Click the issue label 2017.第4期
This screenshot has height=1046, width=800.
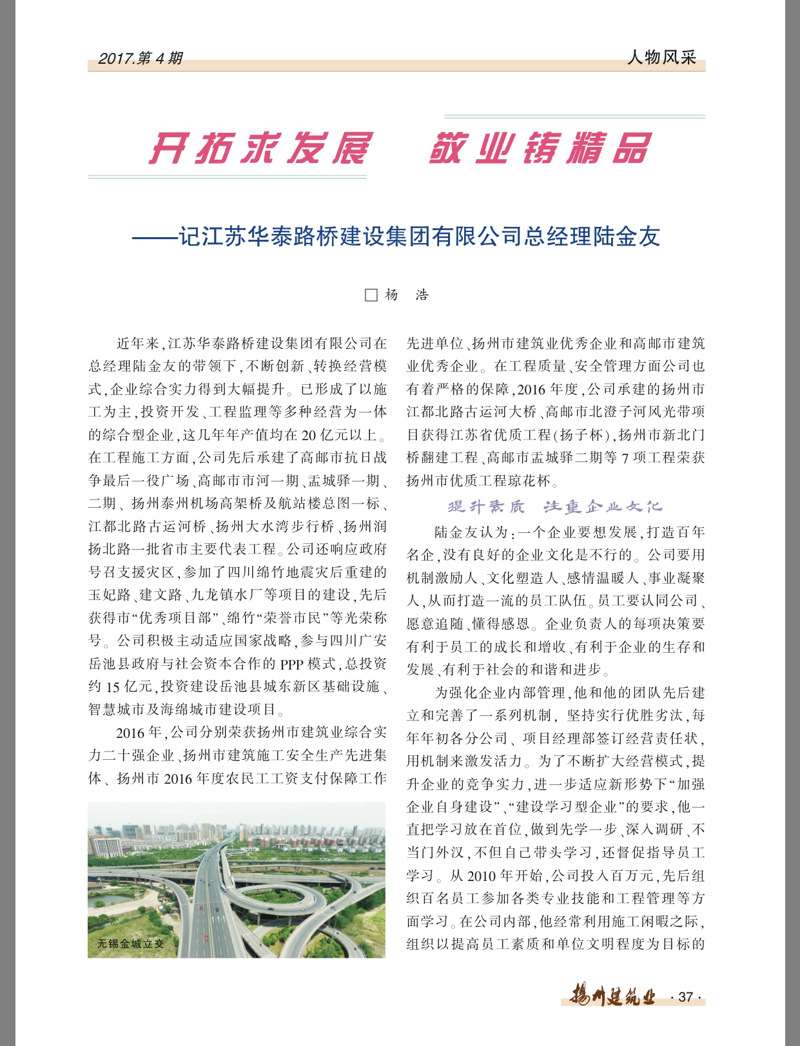click(140, 59)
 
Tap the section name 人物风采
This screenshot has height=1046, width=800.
click(662, 57)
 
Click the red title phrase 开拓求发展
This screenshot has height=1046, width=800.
click(260, 149)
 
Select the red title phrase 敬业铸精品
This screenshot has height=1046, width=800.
click(540, 149)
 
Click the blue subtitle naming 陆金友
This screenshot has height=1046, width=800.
click(396, 237)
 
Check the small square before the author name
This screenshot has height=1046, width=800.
click(371, 295)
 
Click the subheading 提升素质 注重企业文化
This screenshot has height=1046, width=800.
click(555, 507)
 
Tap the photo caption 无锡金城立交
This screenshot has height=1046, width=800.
click(130, 944)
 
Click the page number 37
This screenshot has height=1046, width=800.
click(686, 996)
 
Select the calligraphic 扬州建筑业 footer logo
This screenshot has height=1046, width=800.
click(612, 996)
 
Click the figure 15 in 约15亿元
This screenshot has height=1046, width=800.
click(113, 687)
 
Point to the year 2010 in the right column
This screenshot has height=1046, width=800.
click(482, 876)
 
